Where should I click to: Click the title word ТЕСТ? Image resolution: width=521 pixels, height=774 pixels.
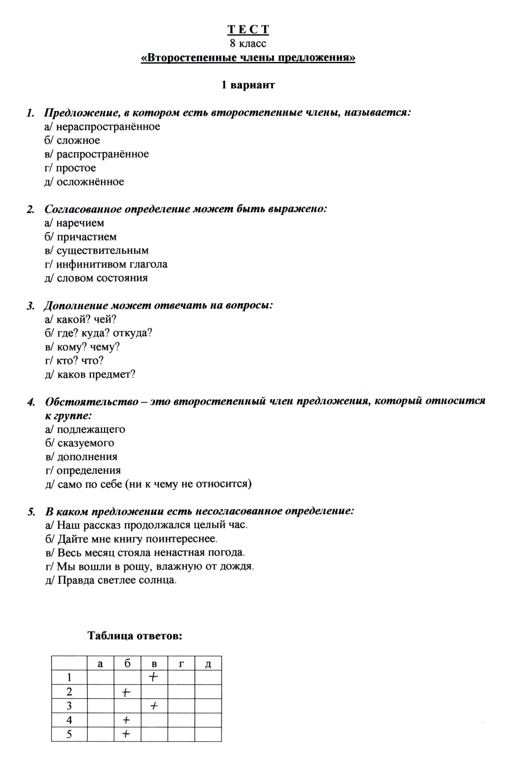tap(248, 30)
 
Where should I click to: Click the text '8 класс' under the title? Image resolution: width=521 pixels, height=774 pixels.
tap(248, 44)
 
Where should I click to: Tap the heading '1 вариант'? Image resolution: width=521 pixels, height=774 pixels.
tap(248, 85)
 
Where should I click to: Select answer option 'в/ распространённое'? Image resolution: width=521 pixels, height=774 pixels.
tap(97, 154)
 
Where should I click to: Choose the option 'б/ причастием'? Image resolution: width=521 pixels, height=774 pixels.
tap(80, 237)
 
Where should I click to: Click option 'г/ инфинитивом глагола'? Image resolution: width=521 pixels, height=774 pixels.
tap(106, 264)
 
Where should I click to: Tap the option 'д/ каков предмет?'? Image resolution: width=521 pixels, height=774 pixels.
tap(90, 375)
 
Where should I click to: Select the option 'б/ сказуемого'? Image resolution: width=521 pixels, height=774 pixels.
tap(79, 443)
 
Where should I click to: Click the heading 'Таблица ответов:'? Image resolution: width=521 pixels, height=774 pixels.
tap(135, 636)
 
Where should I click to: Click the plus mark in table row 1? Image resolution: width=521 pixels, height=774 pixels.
tap(154, 677)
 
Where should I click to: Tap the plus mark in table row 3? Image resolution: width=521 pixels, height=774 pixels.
tap(154, 706)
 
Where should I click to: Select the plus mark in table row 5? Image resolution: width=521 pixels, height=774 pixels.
tap(126, 734)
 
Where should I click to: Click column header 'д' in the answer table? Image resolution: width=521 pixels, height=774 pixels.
tap(208, 664)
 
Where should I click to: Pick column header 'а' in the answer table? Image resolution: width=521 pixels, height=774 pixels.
tap(100, 664)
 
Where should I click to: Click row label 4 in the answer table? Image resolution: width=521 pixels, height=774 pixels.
tap(69, 720)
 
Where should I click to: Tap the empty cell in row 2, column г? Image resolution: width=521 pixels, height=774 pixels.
tap(181, 692)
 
